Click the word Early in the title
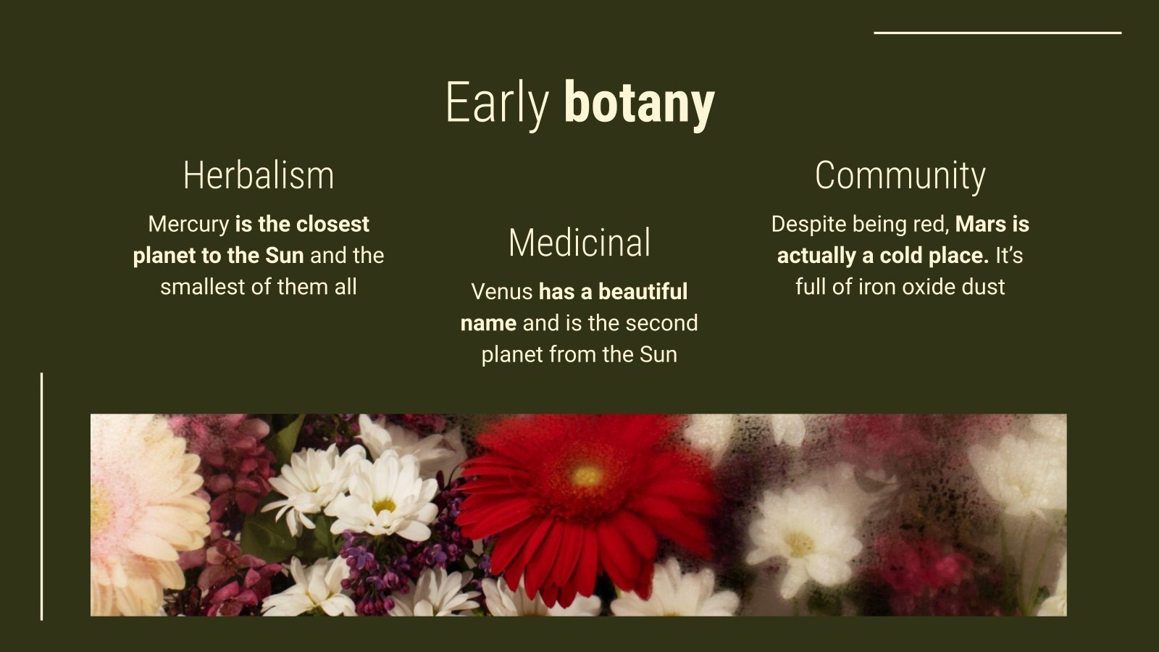[497, 104]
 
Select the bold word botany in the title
[639, 104]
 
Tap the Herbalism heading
[259, 175]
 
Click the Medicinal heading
[579, 243]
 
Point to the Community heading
[900, 175]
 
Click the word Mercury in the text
[188, 224]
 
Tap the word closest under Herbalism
[332, 224]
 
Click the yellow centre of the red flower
[587, 476]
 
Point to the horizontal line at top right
[997, 33]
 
